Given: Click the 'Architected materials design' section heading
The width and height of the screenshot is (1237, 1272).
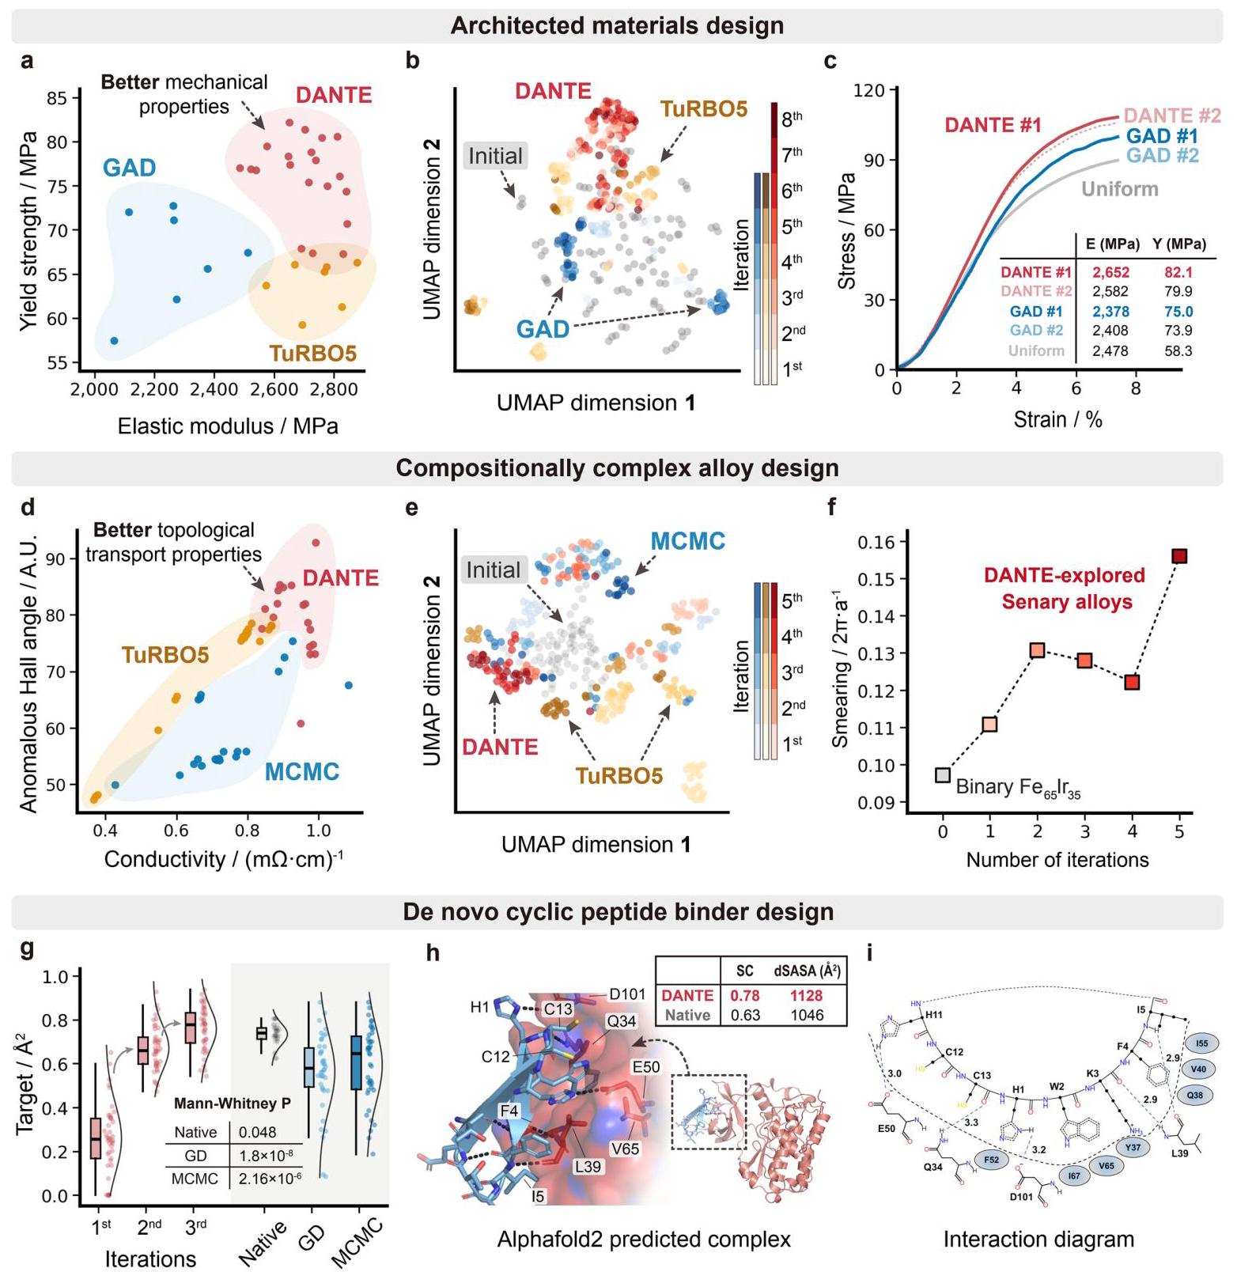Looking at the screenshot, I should click(617, 25).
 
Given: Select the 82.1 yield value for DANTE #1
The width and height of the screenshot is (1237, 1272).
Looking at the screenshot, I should click(1178, 272).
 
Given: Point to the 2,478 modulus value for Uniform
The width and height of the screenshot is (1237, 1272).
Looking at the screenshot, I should click(1110, 350).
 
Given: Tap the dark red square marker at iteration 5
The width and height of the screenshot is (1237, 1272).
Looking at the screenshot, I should click(1179, 556).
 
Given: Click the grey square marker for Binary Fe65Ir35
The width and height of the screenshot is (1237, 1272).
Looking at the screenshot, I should click(943, 774).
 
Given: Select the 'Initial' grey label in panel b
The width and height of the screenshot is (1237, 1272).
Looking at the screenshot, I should click(495, 156).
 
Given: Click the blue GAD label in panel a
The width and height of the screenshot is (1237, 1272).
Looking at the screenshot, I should click(129, 168).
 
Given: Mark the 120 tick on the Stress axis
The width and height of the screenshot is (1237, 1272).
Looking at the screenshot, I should click(868, 90).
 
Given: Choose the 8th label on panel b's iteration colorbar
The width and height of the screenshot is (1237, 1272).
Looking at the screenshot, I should click(792, 119).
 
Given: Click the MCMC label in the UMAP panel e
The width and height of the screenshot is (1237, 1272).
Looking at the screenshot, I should click(687, 541).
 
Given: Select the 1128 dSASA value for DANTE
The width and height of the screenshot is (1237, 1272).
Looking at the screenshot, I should click(806, 995).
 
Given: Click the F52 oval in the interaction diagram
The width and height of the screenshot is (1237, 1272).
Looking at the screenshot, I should click(992, 1160).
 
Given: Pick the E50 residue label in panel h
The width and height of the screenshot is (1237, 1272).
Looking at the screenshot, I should click(645, 1067).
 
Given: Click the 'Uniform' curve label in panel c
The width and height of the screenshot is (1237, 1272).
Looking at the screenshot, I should click(1119, 189).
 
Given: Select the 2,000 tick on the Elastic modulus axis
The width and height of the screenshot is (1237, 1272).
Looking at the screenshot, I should click(93, 389).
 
